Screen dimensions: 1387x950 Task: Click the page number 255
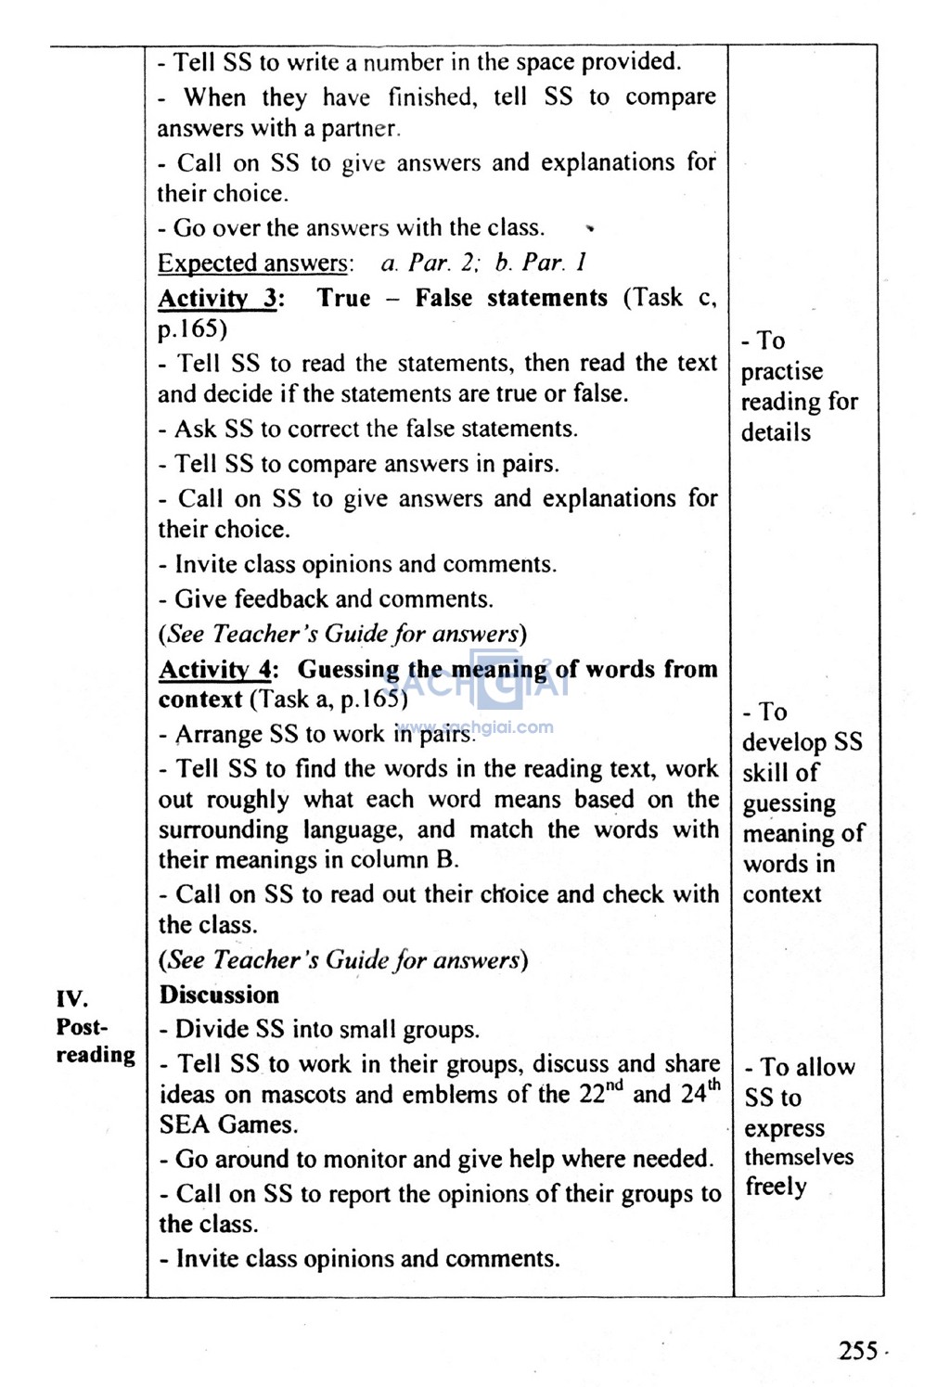pos(858,1350)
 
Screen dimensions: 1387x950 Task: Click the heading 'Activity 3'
pos(217,299)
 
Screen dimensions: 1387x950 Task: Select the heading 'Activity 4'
pos(217,670)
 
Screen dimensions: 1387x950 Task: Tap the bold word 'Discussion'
pos(219,995)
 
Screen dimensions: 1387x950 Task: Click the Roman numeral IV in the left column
pos(71,999)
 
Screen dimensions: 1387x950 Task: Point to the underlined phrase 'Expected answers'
pos(253,263)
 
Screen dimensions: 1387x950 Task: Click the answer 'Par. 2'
pos(443,263)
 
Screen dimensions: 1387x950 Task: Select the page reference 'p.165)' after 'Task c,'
pos(192,329)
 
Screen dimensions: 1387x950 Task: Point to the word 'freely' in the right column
pos(776,1187)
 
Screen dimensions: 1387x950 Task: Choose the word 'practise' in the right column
pos(781,372)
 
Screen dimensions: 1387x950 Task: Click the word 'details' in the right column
pos(776,432)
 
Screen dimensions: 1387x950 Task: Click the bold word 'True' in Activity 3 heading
pos(343,299)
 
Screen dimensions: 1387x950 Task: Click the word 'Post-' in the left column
pos(82,1027)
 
